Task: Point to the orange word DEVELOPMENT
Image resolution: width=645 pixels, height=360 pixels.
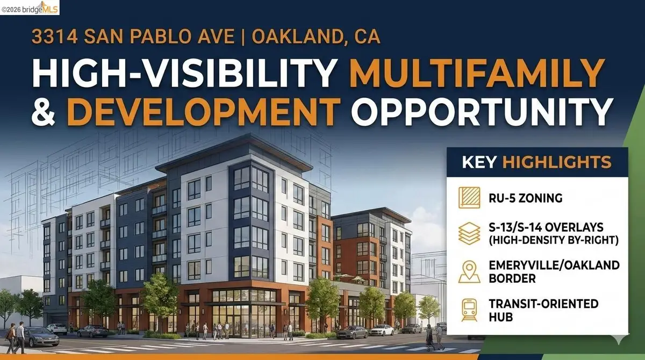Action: tap(204, 110)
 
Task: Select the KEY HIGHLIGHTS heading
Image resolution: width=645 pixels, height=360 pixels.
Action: tap(537, 162)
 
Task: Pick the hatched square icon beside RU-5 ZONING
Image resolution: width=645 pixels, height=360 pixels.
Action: tap(469, 198)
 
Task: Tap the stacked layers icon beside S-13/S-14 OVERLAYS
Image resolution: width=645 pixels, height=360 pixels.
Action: tap(469, 234)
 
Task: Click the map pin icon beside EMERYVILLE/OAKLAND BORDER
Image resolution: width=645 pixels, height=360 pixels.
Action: tap(469, 272)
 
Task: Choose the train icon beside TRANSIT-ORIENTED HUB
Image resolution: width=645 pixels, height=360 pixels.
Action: tap(469, 310)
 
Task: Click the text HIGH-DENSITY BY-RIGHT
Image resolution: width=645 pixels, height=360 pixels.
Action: tap(554, 241)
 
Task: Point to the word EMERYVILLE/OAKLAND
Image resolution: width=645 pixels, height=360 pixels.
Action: tap(554, 265)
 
